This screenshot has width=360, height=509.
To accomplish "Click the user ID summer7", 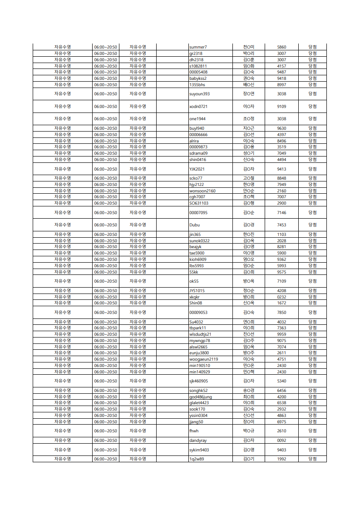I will click(x=198, y=47).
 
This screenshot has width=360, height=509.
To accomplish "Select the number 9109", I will click(x=281, y=107).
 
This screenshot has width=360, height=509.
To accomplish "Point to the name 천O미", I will click(x=249, y=47).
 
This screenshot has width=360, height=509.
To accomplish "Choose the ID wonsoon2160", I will click(x=202, y=191).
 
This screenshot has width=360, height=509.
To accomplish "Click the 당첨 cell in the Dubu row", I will click(x=312, y=225).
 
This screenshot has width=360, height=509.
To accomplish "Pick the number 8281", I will click(x=281, y=247).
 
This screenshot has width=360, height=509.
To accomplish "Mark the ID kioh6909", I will click(x=198, y=259).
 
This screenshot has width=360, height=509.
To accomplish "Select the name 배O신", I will click(x=249, y=85).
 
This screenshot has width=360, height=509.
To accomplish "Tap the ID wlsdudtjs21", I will click(x=200, y=334).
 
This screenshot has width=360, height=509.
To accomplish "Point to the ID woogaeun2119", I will click(x=203, y=359).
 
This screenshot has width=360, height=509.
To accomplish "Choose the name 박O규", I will click(x=249, y=431).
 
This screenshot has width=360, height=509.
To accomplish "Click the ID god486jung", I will click(x=200, y=397).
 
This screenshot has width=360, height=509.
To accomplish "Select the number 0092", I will click(x=281, y=440).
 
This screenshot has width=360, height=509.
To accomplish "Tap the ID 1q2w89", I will click(x=197, y=459).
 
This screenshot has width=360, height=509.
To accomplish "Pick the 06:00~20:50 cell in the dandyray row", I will click(x=106, y=440).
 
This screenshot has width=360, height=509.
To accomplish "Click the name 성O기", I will click(x=249, y=153).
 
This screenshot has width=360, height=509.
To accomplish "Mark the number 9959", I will click(x=281, y=334).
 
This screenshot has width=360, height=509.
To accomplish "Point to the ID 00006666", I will click(x=198, y=135).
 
